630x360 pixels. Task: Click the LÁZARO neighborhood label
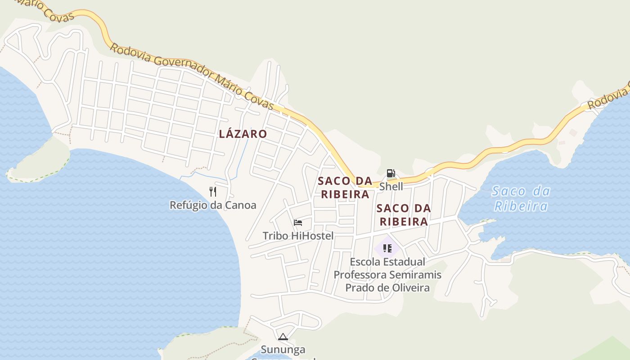click(x=243, y=134)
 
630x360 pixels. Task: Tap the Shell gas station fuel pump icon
click(x=391, y=174)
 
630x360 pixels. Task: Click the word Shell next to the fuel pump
click(x=391, y=186)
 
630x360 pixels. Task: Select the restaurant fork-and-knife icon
click(x=213, y=192)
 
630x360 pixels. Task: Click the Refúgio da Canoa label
click(x=213, y=205)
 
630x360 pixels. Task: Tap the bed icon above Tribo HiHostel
click(x=297, y=222)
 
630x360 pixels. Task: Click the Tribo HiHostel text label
click(x=298, y=236)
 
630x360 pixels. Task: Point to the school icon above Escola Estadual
click(x=387, y=248)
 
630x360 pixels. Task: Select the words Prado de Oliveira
click(x=387, y=288)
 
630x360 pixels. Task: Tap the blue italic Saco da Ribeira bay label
click(x=521, y=198)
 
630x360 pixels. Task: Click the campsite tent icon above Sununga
click(x=283, y=337)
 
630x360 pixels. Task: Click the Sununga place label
click(x=283, y=349)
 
